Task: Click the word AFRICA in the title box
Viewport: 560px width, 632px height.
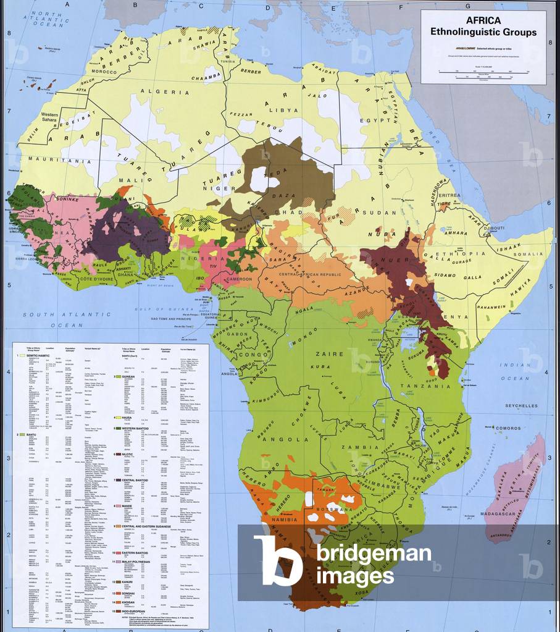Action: point(483,20)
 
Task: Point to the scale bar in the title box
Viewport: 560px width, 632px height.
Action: point(483,73)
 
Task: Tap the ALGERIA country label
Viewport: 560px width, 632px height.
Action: point(167,92)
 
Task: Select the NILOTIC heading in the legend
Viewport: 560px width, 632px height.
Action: point(125,454)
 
